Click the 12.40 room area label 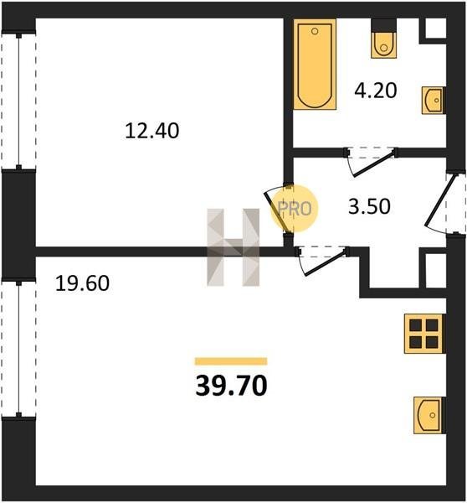(151, 131)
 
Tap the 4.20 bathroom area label (376, 91)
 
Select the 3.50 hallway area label (369, 206)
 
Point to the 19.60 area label (82, 283)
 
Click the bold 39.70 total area (231, 386)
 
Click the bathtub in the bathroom (315, 65)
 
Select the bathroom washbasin (434, 100)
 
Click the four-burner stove (424, 334)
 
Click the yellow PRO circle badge (295, 209)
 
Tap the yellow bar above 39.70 (231, 361)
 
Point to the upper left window (18, 101)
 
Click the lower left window (18, 349)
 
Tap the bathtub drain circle (315, 31)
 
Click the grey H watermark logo (233, 247)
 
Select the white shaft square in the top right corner (435, 29)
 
